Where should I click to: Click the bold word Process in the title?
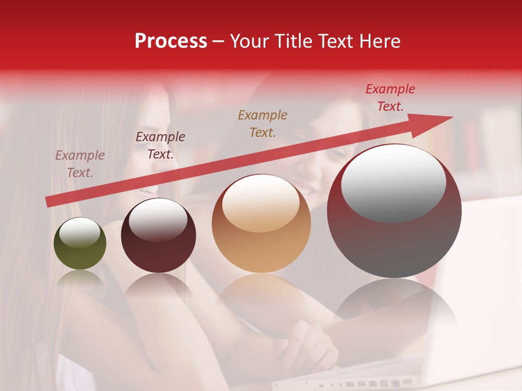point(171,41)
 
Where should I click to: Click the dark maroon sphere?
point(158,236)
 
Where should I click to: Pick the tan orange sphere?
point(261,224)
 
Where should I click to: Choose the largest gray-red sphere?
point(394,212)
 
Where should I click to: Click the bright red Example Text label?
point(390,98)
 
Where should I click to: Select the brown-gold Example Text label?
point(263,123)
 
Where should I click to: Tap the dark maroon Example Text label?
point(160,146)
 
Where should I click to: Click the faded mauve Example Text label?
point(79,163)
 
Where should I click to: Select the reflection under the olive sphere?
point(80,279)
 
